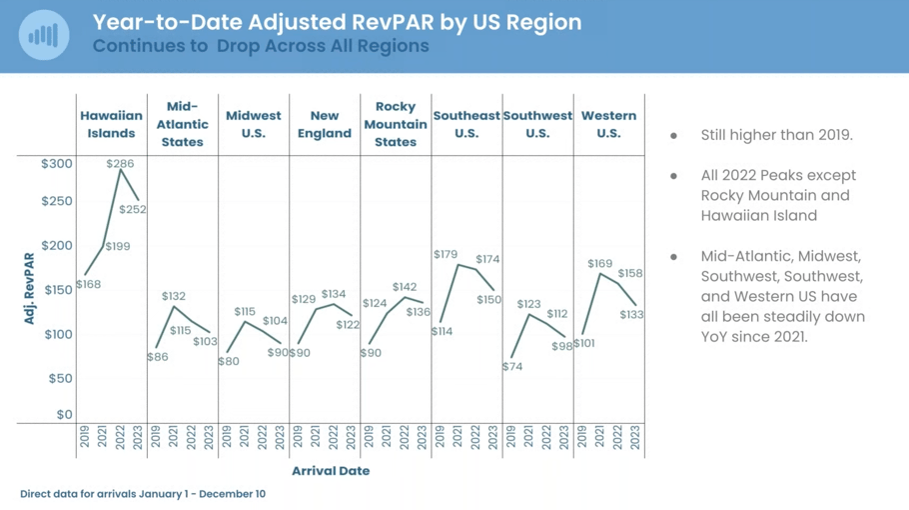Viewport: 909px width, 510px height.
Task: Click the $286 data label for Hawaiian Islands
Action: point(120,163)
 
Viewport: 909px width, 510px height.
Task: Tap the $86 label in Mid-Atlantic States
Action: point(157,357)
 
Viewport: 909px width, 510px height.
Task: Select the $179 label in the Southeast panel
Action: point(445,255)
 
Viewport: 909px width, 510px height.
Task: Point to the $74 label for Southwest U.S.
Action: point(512,367)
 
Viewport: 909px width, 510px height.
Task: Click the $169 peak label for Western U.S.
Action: point(599,264)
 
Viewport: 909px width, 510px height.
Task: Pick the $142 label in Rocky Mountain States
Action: point(405,287)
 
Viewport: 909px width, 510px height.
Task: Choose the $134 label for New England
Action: point(334,294)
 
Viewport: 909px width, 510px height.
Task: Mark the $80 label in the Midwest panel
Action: point(228,361)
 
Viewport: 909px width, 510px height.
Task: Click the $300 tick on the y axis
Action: point(57,164)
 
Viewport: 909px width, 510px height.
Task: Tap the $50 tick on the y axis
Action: point(61,378)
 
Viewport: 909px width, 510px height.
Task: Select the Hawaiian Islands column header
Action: point(111,124)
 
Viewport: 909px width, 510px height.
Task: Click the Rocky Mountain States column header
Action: point(396,124)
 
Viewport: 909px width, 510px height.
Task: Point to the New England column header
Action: point(325,124)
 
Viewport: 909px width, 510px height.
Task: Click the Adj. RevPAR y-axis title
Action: point(29,289)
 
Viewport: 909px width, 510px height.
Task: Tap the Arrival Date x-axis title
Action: point(331,471)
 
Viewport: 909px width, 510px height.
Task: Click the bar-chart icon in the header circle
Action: point(43,35)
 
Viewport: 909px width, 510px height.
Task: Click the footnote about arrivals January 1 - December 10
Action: point(143,494)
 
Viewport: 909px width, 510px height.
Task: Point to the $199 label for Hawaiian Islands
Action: point(117,246)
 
